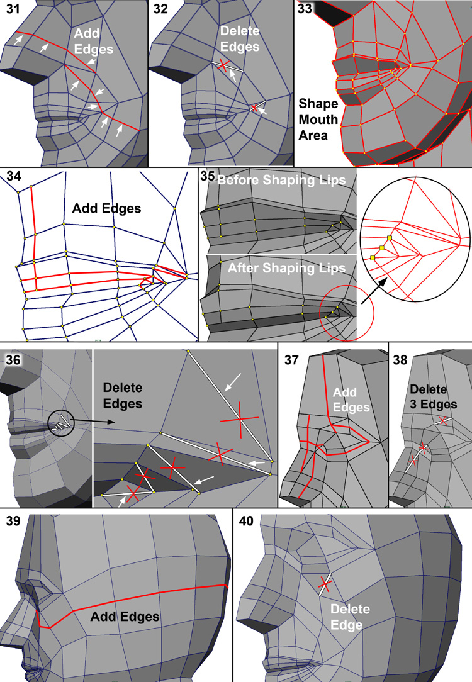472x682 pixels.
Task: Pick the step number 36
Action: pyautogui.click(x=14, y=360)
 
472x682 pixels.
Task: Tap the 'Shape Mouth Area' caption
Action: pyautogui.click(x=318, y=119)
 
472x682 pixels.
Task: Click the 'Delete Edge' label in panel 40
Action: pyautogui.click(x=350, y=617)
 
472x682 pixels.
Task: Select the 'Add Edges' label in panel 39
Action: pyautogui.click(x=125, y=617)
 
